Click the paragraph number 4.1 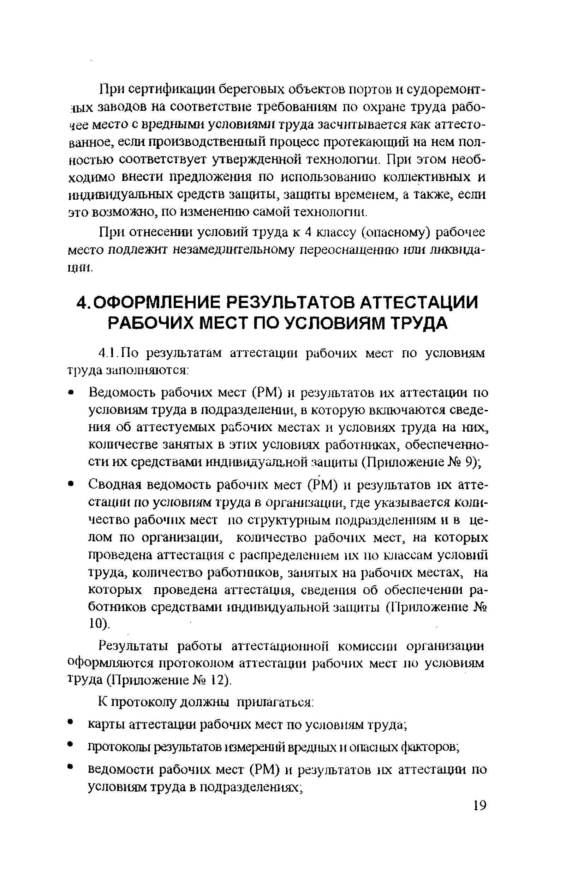[x=108, y=353]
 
